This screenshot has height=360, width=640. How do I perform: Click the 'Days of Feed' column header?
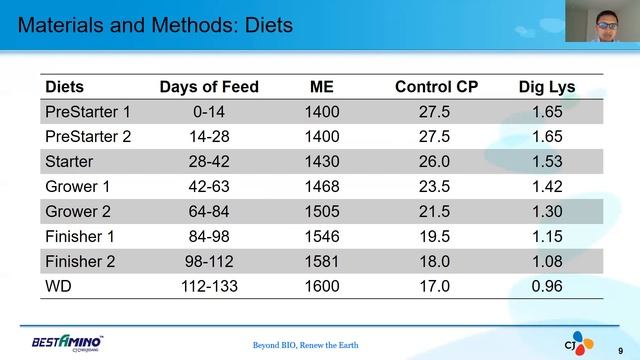pyautogui.click(x=209, y=87)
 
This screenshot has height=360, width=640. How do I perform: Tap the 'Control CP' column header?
pyautogui.click(x=437, y=87)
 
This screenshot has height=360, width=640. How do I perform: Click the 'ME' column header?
pyautogui.click(x=322, y=87)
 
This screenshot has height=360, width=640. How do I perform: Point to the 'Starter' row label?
pyautogui.click(x=70, y=161)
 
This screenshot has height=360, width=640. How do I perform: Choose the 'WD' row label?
pyautogui.click(x=59, y=285)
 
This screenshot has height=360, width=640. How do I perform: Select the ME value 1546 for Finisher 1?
pyautogui.click(x=322, y=236)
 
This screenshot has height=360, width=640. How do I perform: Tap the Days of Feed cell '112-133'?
pyautogui.click(x=209, y=285)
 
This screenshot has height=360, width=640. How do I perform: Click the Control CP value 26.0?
pyautogui.click(x=437, y=161)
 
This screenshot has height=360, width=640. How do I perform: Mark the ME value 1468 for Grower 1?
pyautogui.click(x=322, y=186)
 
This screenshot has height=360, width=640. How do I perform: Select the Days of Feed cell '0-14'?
pyautogui.click(x=209, y=112)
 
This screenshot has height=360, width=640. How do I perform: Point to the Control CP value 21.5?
pyautogui.click(x=437, y=211)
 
